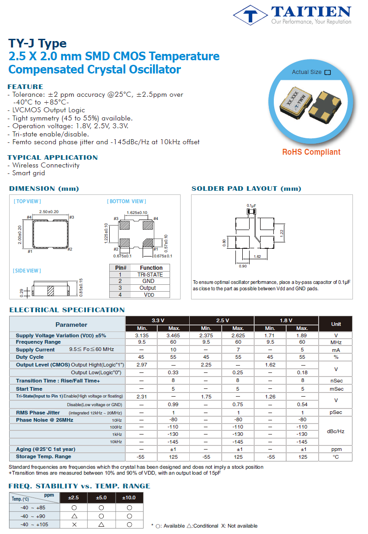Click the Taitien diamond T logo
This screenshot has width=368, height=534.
tap(250, 15)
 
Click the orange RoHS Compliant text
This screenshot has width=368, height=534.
tap(311, 152)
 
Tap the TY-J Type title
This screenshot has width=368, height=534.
tap(37, 43)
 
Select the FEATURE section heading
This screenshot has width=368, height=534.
tap(26, 87)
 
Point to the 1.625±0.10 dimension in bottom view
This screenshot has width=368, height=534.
tap(137, 213)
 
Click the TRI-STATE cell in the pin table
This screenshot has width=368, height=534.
tap(150, 275)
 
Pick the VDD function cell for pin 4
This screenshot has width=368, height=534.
tap(150, 295)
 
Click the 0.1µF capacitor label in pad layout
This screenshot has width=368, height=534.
tap(251, 206)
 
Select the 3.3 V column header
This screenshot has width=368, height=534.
tap(157, 320)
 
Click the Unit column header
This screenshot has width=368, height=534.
tap(336, 324)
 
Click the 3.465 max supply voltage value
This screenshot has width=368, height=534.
tap(174, 335)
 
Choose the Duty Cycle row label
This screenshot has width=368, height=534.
tap(30, 357)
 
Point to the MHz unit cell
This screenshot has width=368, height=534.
tap(336, 342)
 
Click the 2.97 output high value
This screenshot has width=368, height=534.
tap(141, 365)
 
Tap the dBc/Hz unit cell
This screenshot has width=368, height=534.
tap(336, 431)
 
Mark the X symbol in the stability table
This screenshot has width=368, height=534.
tap(74, 525)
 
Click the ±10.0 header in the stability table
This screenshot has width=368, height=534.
tap(129, 497)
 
